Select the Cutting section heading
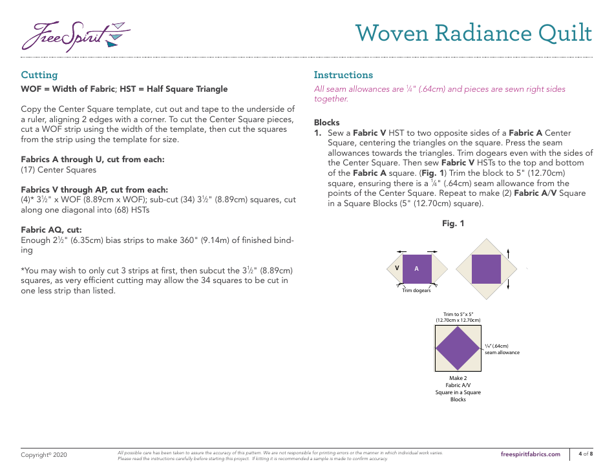pyautogui.click(x=39, y=75)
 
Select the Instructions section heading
pyautogui.click(x=343, y=75)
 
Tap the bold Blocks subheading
pyautogui.click(x=327, y=122)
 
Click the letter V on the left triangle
pyautogui.click(x=397, y=268)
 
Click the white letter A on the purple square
pyautogui.click(x=417, y=269)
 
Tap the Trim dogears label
pyautogui.click(x=416, y=291)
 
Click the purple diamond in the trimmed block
pyautogui.click(x=458, y=348)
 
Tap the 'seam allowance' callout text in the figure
pyautogui.click(x=502, y=352)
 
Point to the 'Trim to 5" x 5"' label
pyautogui.click(x=458, y=314)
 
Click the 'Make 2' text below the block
pyautogui.click(x=458, y=378)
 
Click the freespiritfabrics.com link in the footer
pyautogui.click(x=531, y=454)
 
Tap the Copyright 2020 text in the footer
pyautogui.click(x=44, y=455)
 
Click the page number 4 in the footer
pyautogui.click(x=580, y=454)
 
